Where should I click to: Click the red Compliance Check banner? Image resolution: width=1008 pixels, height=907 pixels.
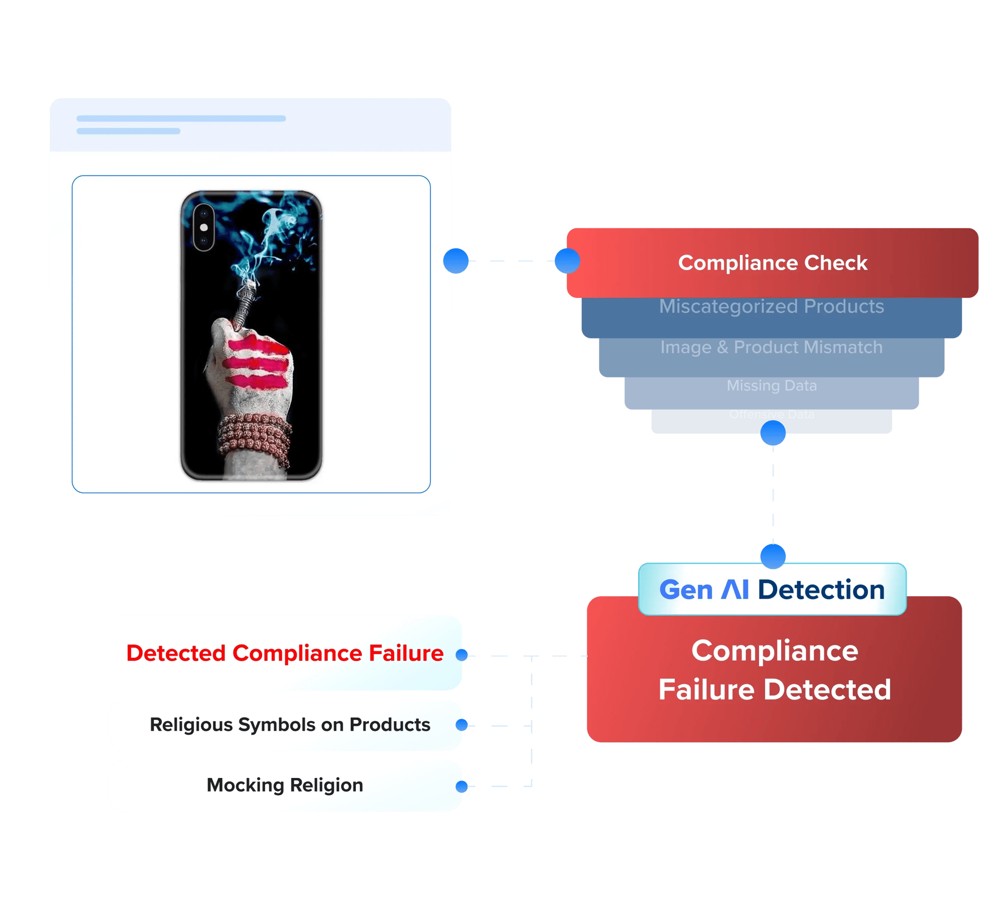(x=773, y=263)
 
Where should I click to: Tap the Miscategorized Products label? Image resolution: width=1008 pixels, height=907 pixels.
(x=772, y=306)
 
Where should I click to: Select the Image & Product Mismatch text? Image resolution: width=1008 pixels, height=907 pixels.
(x=772, y=347)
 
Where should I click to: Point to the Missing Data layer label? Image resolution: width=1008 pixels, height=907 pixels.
(x=772, y=385)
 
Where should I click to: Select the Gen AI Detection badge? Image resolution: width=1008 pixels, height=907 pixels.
(x=772, y=590)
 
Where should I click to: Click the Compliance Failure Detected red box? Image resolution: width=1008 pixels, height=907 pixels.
(x=775, y=670)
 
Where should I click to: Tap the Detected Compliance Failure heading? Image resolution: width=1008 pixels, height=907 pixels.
(x=285, y=653)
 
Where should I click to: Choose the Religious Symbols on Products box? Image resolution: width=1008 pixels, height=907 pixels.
(x=290, y=725)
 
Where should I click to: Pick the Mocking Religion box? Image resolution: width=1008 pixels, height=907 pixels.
(x=285, y=785)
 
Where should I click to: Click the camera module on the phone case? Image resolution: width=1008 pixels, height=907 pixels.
(x=204, y=227)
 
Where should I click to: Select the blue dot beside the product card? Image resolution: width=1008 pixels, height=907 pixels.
(x=456, y=261)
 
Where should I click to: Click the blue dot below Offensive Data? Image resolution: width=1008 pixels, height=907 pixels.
(x=773, y=433)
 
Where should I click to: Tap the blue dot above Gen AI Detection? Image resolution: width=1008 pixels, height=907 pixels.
(x=773, y=556)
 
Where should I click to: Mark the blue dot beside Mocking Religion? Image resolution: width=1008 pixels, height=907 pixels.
(x=461, y=786)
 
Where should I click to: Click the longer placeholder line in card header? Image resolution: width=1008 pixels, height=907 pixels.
(x=181, y=118)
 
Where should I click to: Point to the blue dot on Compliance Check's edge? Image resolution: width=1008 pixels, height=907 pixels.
(x=567, y=261)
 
